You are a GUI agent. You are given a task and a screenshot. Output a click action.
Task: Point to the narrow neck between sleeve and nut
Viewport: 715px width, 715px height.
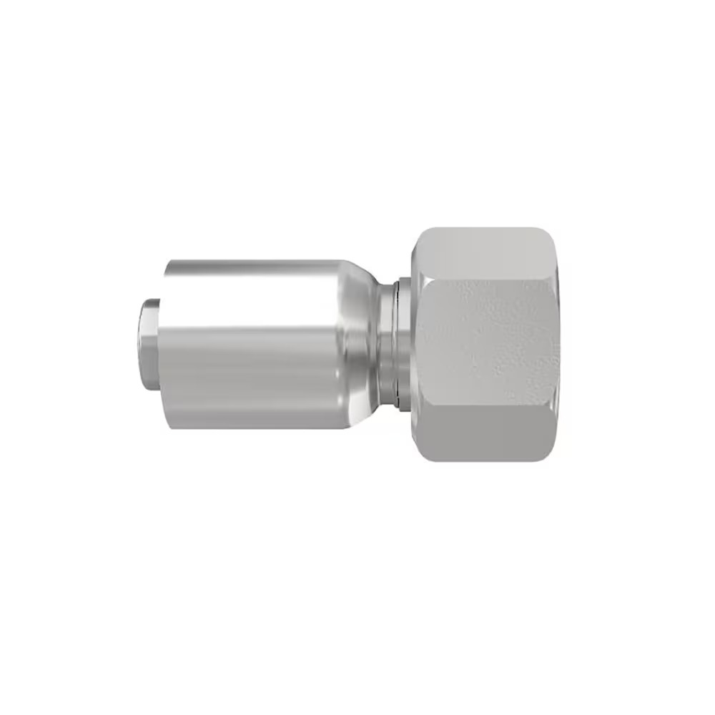pos(386,343)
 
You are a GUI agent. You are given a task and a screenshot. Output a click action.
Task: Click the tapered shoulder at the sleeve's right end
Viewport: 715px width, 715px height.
pos(354,343)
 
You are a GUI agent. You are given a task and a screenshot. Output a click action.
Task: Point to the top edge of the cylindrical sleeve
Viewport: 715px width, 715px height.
pos(250,261)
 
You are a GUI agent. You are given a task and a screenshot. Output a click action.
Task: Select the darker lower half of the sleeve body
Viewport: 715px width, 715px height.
pos(250,393)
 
